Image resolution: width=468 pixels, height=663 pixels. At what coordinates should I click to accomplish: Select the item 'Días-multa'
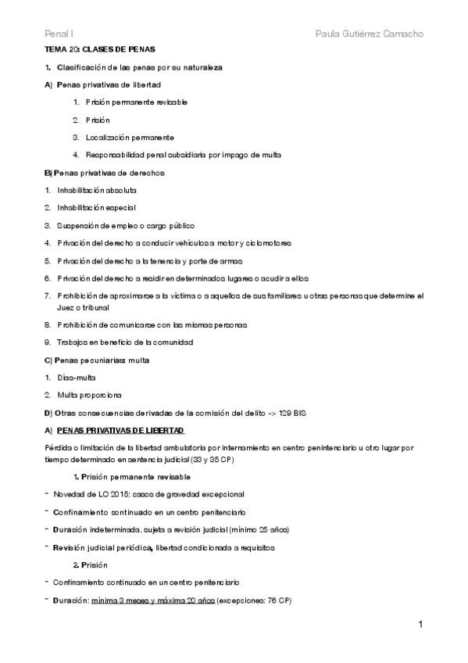pyautogui.click(x=75, y=377)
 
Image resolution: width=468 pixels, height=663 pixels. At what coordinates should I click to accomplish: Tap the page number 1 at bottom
pyautogui.click(x=421, y=625)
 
